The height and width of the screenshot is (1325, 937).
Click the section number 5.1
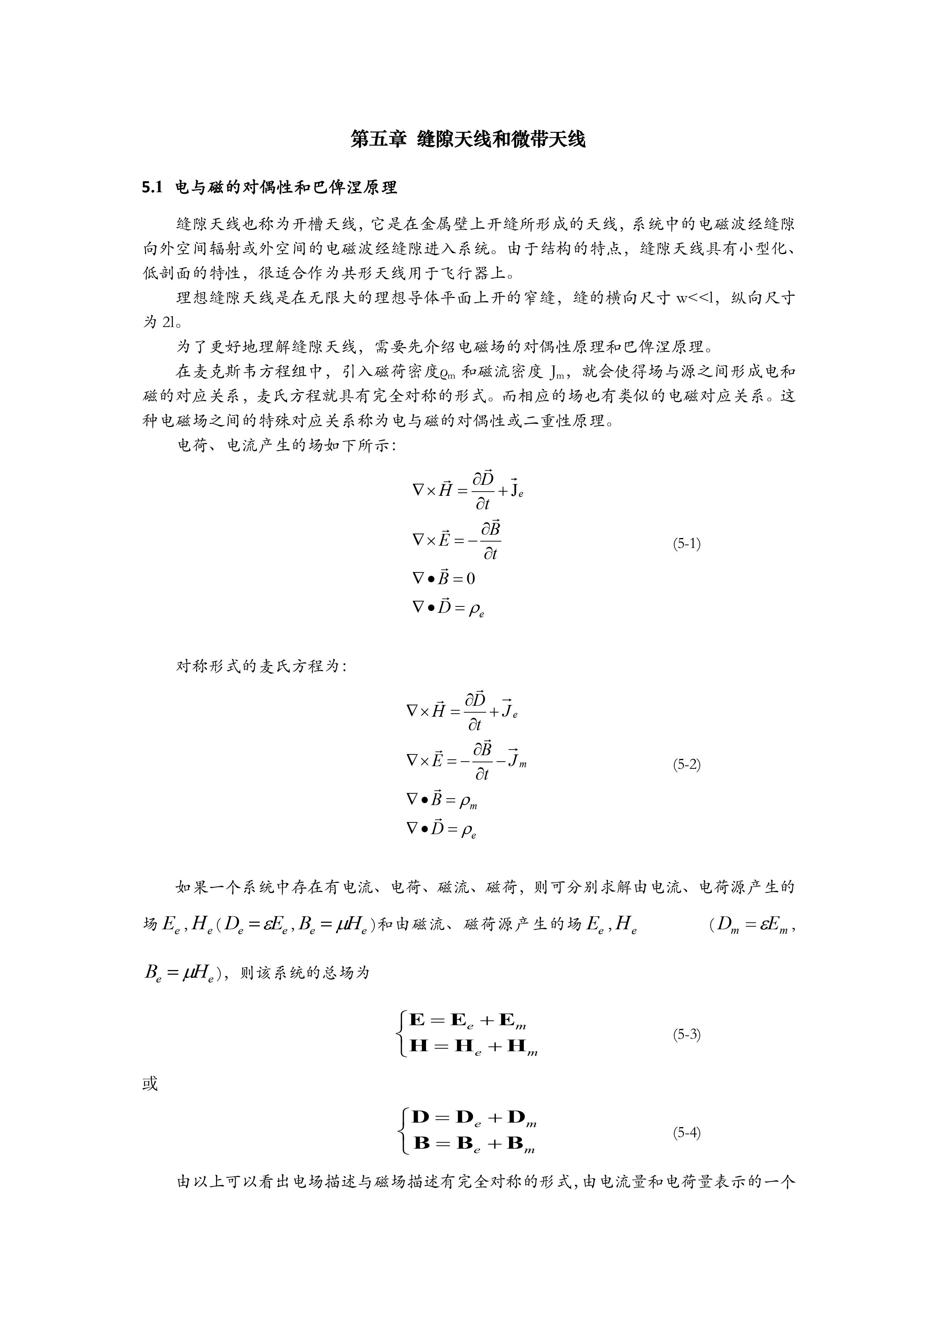click(x=153, y=188)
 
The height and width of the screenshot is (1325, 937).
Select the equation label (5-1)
click(x=687, y=544)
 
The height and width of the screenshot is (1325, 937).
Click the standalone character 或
click(x=150, y=1084)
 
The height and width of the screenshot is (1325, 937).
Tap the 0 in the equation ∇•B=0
click(x=471, y=578)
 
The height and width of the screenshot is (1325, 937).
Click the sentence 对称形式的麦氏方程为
click(x=261, y=666)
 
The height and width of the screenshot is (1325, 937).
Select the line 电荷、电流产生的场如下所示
click(x=286, y=446)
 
